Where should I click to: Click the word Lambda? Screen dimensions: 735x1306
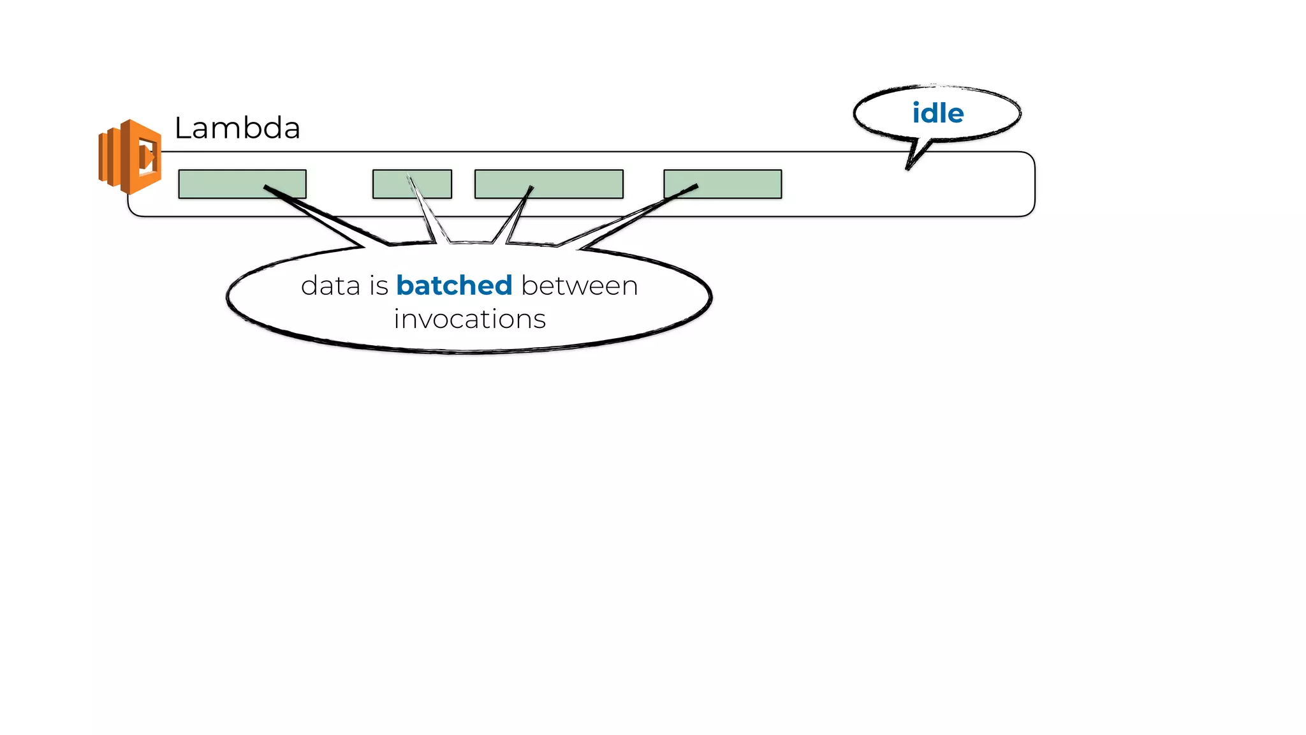(237, 128)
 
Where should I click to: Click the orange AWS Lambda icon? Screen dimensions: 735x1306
(131, 156)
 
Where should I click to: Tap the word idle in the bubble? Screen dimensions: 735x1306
(937, 114)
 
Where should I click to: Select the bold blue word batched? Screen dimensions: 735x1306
(454, 285)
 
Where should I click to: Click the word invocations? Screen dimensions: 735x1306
(469, 319)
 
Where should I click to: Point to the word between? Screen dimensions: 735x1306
(579, 285)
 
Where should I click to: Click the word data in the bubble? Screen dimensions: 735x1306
(330, 285)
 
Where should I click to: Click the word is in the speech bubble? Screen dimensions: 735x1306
(378, 285)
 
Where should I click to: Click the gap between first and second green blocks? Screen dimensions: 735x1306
(339, 184)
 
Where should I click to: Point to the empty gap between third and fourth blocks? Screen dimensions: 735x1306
(643, 184)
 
